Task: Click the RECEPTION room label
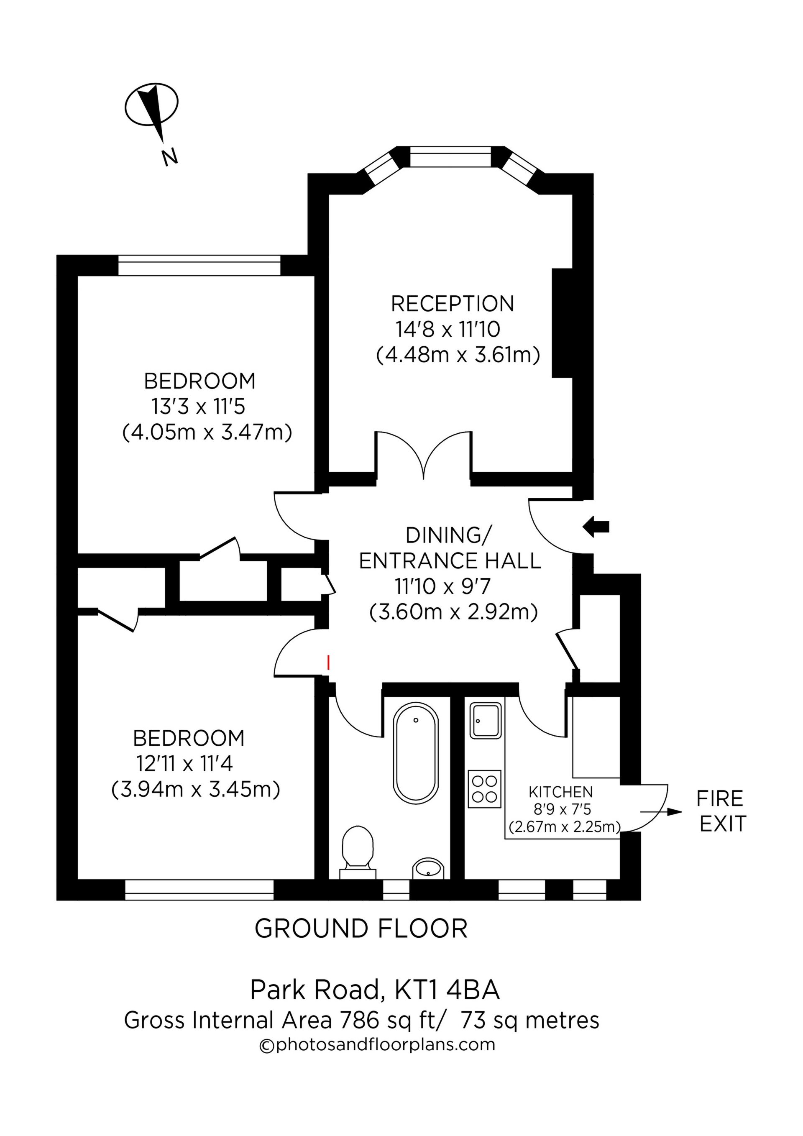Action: (x=452, y=304)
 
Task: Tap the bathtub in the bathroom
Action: (x=416, y=752)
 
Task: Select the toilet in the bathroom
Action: (x=357, y=847)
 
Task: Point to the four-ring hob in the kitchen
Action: (x=484, y=789)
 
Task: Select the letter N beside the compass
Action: (x=170, y=157)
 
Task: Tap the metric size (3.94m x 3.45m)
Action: (x=196, y=789)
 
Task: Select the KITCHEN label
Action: (x=560, y=792)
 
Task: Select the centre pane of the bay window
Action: (x=450, y=157)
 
